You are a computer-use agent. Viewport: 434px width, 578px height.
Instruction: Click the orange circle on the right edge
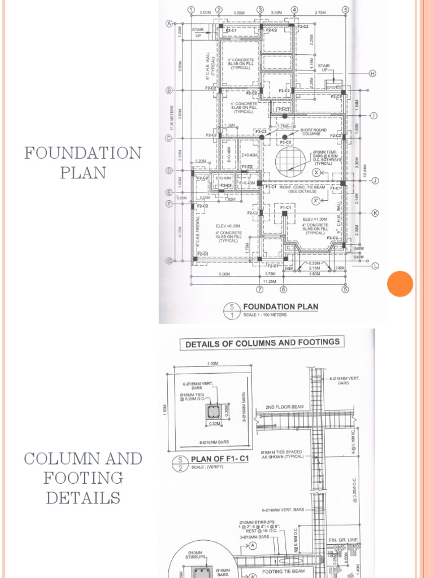point(400,283)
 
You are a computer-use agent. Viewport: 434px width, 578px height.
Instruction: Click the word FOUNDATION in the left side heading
point(83,153)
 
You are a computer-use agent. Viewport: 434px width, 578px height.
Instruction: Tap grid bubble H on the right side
point(372,74)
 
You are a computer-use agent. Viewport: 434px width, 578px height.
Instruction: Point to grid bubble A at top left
point(168,24)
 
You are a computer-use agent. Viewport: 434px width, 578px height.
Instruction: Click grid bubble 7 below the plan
point(259,290)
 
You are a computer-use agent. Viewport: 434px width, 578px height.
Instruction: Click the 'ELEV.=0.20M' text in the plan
point(228,226)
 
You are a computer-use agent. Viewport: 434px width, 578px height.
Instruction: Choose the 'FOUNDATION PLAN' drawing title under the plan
point(280,307)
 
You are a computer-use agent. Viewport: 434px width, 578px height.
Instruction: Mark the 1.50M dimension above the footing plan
point(214,364)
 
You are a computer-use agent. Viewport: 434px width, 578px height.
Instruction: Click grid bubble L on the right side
point(374,265)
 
